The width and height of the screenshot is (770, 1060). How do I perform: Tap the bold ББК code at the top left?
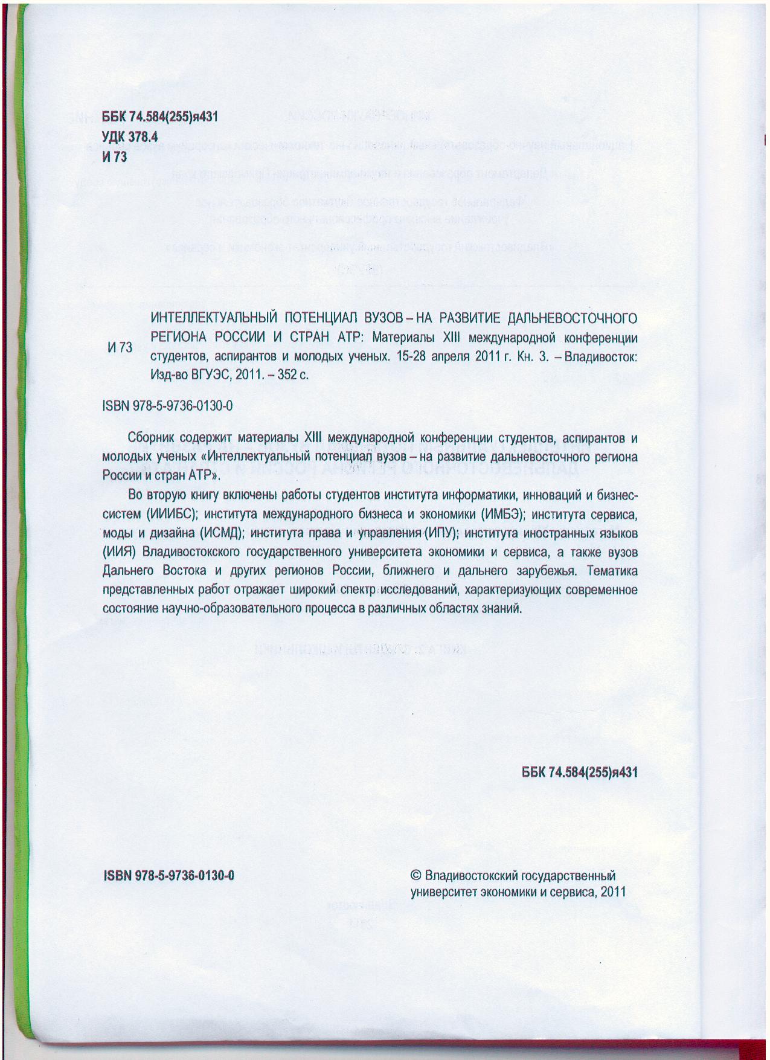point(159,118)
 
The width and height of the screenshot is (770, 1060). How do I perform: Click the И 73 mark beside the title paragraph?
point(120,347)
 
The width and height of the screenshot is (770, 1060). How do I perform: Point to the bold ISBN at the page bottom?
point(169,876)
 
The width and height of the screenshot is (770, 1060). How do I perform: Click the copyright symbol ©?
point(415,876)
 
